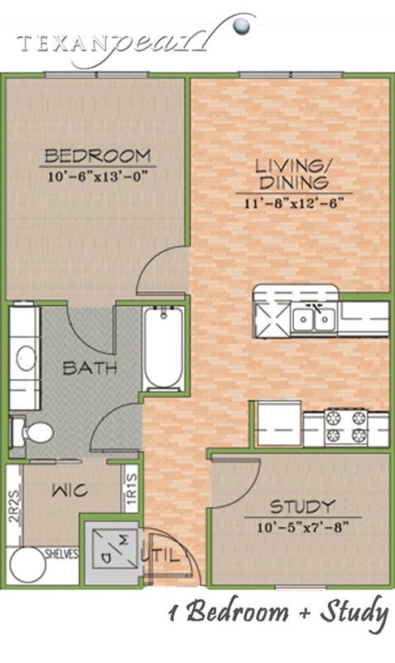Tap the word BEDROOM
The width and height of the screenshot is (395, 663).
pos(98,155)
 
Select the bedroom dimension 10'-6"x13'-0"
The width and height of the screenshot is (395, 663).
pos(98,175)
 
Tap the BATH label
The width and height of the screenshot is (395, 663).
pos(89,367)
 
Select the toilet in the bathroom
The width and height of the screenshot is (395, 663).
pos(31,432)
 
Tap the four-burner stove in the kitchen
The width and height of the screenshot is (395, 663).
pos(346,426)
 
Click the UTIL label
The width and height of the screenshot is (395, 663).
pos(169,556)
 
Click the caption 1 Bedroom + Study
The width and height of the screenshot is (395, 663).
pos(277,613)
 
